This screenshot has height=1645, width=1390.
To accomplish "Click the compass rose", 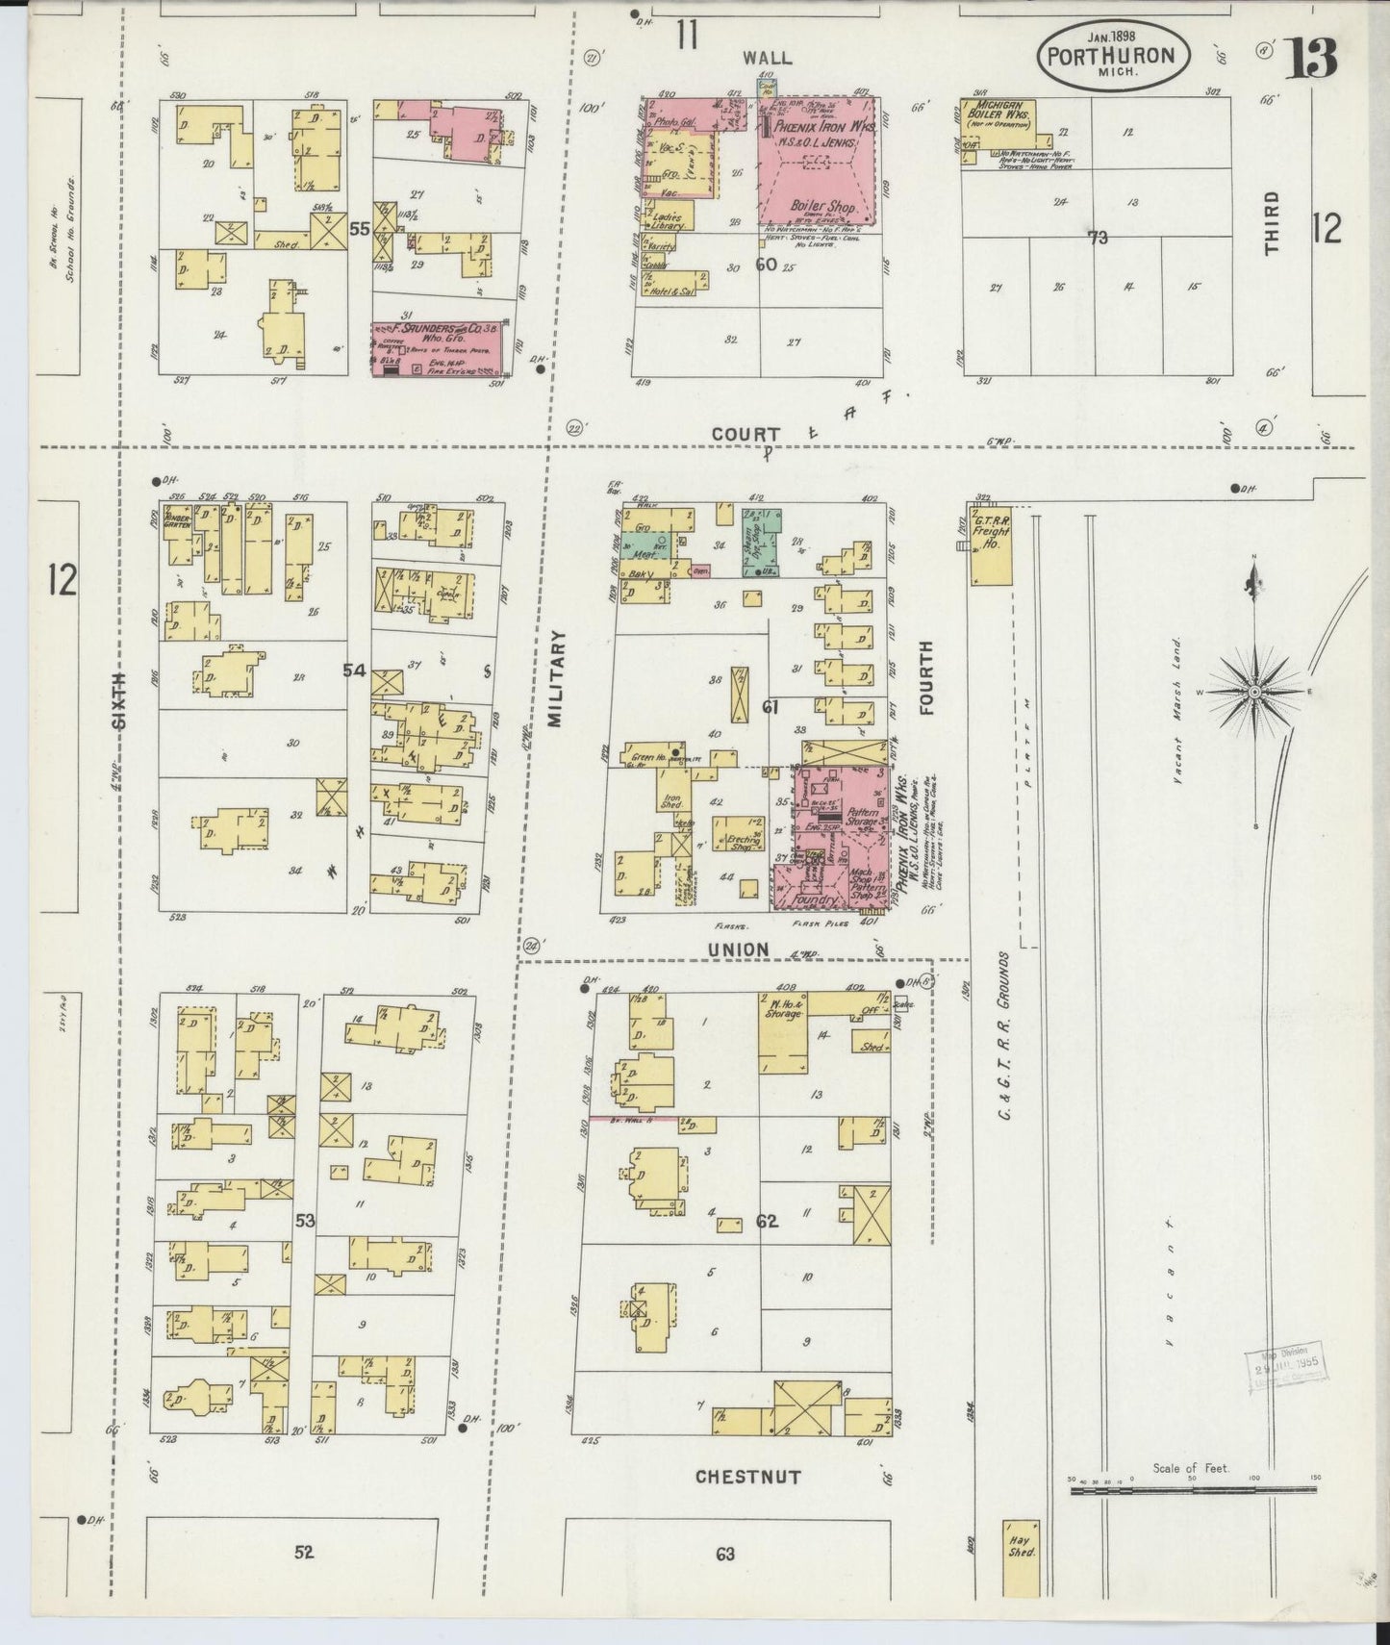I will tap(1254, 691).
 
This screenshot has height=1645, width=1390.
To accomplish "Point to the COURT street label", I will tap(746, 435).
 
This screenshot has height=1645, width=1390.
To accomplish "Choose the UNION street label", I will tap(738, 949).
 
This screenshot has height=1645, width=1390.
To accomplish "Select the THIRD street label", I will tap(1273, 223).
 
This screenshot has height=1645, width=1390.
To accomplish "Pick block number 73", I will tap(1097, 237).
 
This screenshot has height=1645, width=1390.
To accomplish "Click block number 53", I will tap(305, 1221).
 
